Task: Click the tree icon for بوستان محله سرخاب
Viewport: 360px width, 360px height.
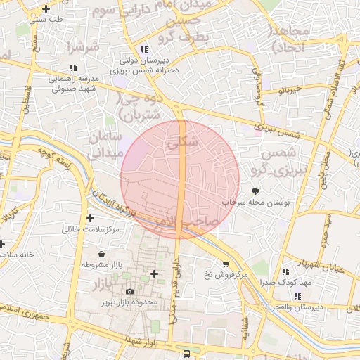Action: click(x=255, y=191)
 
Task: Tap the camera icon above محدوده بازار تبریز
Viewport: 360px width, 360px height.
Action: click(x=129, y=291)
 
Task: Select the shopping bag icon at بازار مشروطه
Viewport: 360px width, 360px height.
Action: click(x=103, y=254)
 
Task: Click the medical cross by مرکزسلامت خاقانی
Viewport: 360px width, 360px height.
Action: click(x=90, y=218)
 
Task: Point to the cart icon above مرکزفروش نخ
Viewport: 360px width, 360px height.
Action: click(x=225, y=264)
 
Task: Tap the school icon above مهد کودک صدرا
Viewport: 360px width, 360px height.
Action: click(x=285, y=271)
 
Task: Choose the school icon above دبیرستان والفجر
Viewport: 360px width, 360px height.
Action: click(x=298, y=296)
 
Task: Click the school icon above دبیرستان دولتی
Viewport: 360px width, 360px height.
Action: click(x=144, y=49)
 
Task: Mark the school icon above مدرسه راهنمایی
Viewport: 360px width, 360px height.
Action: click(x=73, y=68)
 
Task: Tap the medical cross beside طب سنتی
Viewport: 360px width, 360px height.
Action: click(x=46, y=9)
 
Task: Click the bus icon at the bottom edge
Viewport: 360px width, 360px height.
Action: click(x=186, y=354)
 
